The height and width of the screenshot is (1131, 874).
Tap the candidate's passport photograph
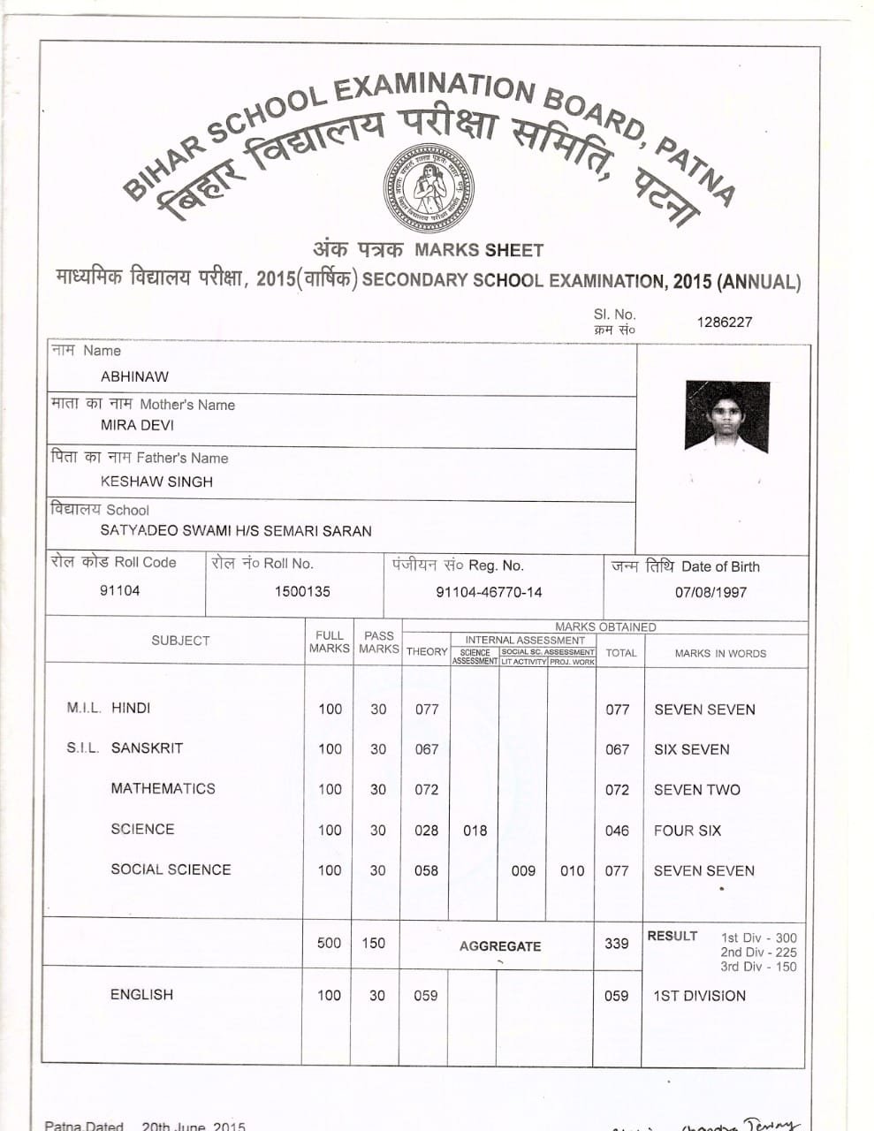(726, 417)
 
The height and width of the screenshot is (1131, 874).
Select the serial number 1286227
(724, 322)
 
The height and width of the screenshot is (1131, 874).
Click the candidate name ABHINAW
(134, 376)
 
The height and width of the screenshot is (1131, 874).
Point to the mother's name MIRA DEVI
(137, 425)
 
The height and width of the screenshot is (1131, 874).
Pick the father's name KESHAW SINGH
(156, 482)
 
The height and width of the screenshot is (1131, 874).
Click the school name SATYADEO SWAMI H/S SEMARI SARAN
(236, 531)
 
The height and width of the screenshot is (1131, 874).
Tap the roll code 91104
(119, 590)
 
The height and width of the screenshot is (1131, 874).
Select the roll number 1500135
(302, 591)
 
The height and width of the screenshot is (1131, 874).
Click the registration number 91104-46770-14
(489, 592)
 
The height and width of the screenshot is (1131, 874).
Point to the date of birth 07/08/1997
(711, 592)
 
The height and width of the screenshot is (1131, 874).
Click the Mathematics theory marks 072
(426, 789)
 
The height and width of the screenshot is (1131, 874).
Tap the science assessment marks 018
(475, 830)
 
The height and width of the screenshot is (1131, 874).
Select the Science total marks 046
(617, 831)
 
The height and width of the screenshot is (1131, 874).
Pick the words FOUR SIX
(688, 831)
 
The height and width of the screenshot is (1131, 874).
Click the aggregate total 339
(617, 944)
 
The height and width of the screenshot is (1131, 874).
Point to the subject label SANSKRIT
(147, 748)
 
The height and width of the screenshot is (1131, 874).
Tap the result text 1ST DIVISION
(699, 996)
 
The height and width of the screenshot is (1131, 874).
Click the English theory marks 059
(425, 996)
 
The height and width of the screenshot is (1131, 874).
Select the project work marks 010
(572, 870)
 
